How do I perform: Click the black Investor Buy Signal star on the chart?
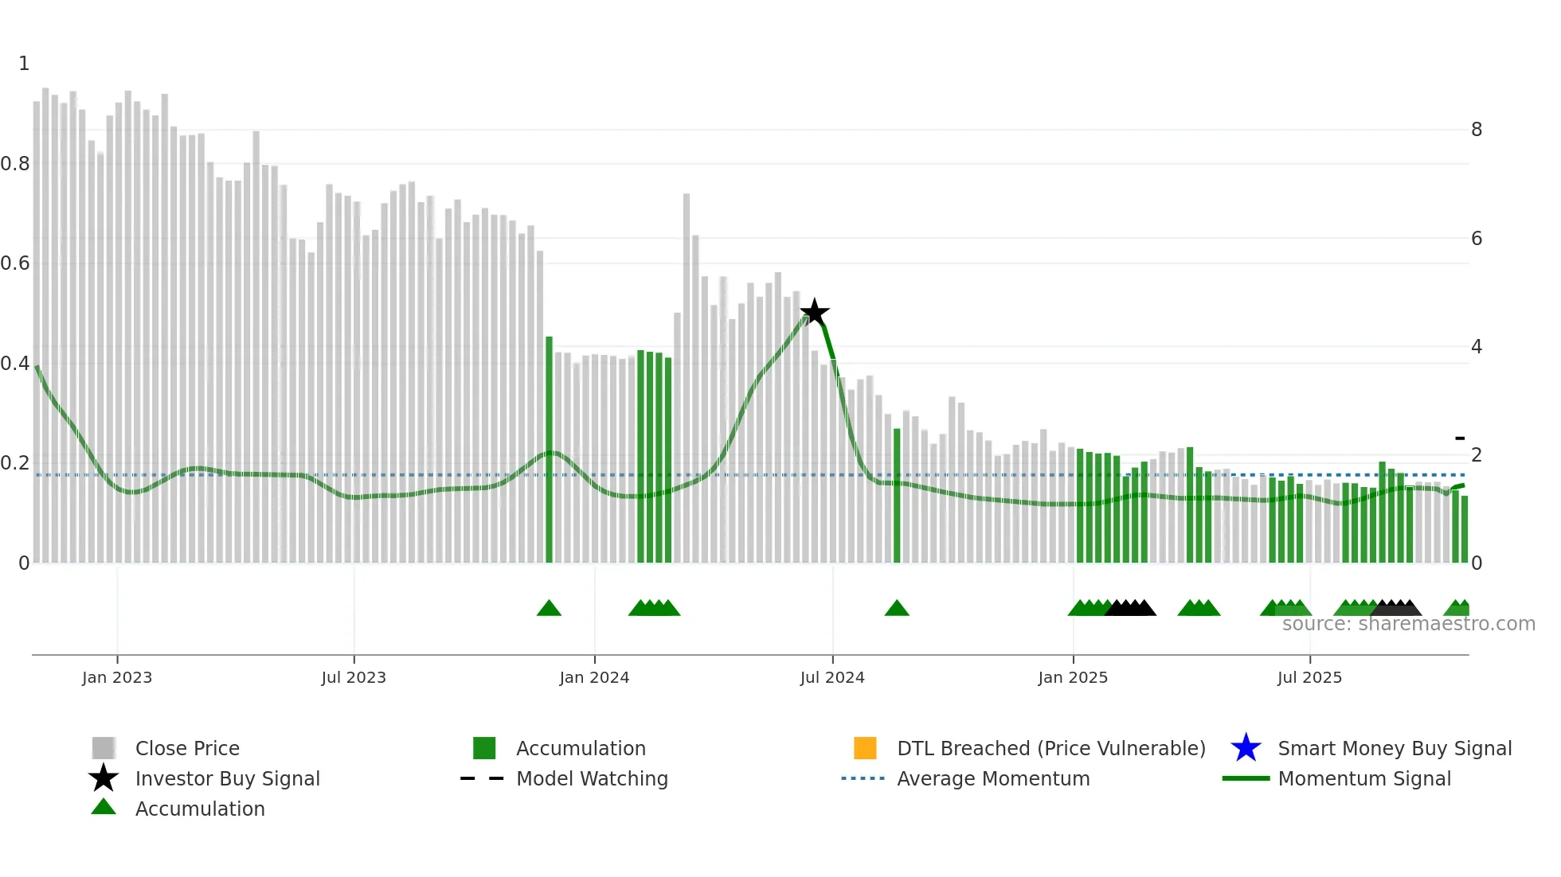click(x=814, y=313)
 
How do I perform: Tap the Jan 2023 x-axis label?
click(x=117, y=677)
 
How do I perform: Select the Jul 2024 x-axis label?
click(x=832, y=677)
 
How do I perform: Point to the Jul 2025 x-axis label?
click(x=1309, y=677)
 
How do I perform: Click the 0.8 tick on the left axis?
click(x=15, y=164)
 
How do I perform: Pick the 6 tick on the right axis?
click(x=1477, y=239)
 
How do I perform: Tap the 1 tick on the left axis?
click(x=24, y=64)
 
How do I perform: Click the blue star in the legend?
click(x=1246, y=748)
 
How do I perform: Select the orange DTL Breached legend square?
click(x=865, y=748)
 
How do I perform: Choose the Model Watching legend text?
click(x=592, y=778)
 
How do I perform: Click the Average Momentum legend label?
click(x=993, y=778)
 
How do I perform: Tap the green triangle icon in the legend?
click(x=104, y=807)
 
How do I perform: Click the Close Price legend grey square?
click(x=104, y=748)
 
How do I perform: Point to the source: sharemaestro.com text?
click(x=1408, y=624)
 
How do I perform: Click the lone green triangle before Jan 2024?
click(x=549, y=609)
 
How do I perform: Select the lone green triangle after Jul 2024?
click(x=897, y=609)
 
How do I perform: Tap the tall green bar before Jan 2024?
click(x=549, y=450)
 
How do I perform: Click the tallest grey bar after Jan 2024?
click(x=687, y=378)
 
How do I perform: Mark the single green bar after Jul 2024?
click(x=897, y=495)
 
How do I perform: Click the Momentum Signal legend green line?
click(x=1246, y=778)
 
